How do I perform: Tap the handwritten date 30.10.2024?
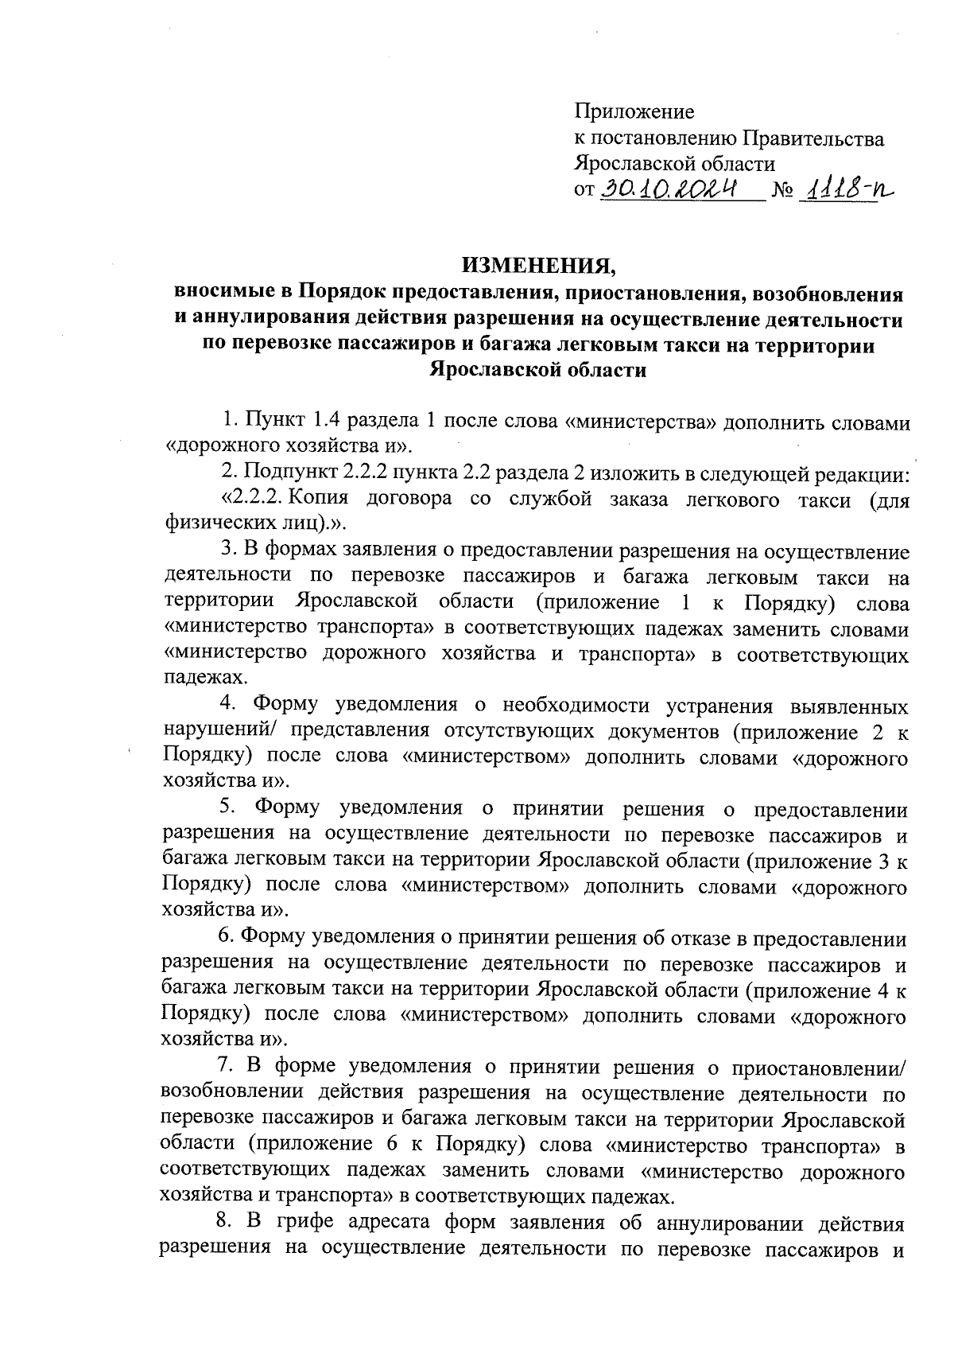669,189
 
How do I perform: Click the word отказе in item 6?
700,939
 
